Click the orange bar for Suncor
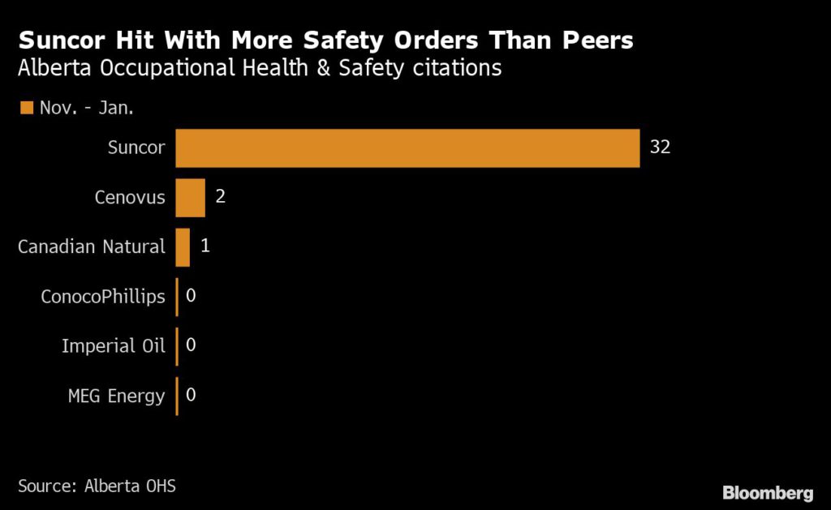click(x=407, y=148)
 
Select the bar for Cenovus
click(x=190, y=198)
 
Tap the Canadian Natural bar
click(x=183, y=247)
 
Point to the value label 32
click(x=660, y=148)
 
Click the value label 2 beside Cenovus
click(x=220, y=198)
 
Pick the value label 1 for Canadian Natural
click(x=205, y=246)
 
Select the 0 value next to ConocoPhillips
click(x=191, y=296)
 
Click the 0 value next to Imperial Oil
click(x=191, y=346)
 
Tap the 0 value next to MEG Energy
click(x=191, y=396)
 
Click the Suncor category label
click(x=136, y=148)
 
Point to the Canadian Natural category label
click(x=92, y=246)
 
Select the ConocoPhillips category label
click(x=103, y=297)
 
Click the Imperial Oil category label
click(x=114, y=346)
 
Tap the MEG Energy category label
click(x=117, y=396)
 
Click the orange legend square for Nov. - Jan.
click(x=26, y=108)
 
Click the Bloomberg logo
click(x=768, y=492)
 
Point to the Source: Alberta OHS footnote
click(x=97, y=486)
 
